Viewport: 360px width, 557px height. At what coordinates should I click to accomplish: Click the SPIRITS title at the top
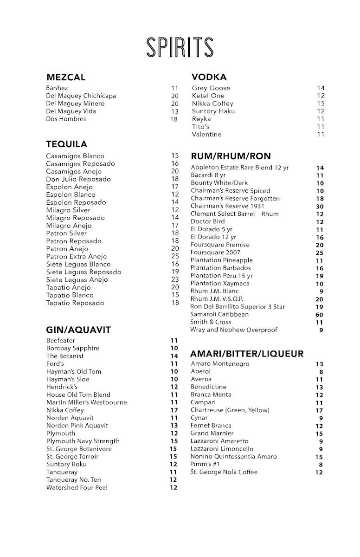[180, 48]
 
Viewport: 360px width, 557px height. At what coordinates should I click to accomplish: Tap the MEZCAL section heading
[66, 78]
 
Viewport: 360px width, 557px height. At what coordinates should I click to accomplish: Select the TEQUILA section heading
[66, 144]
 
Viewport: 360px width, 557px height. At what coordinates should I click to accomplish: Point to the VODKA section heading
[209, 77]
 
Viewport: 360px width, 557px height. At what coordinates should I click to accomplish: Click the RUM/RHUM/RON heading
[231, 156]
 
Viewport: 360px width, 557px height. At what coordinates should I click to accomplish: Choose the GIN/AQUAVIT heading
[78, 330]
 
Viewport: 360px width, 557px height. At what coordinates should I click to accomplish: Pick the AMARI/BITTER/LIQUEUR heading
[247, 354]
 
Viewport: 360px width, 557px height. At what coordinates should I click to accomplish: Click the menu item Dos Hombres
[66, 119]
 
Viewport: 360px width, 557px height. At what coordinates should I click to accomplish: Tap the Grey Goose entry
[211, 88]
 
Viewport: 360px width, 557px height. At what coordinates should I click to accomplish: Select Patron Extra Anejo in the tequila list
[76, 257]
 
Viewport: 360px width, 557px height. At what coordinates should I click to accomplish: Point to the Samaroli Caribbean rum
[219, 314]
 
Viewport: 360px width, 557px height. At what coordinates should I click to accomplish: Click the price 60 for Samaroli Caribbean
[320, 315]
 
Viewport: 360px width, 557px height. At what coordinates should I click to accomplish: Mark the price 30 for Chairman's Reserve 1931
[320, 207]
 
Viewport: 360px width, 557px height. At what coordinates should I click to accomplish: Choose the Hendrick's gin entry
[62, 387]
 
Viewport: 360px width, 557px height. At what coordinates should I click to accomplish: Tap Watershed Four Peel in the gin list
[77, 488]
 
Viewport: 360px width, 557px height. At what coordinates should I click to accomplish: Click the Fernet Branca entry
[211, 426]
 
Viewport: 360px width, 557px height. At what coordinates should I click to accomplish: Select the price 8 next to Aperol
[321, 372]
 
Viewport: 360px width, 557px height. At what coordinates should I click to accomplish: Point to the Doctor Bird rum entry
[207, 222]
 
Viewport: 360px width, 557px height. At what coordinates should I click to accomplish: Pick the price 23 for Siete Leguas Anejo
[175, 280]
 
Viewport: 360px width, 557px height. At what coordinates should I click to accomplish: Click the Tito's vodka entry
[201, 127]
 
